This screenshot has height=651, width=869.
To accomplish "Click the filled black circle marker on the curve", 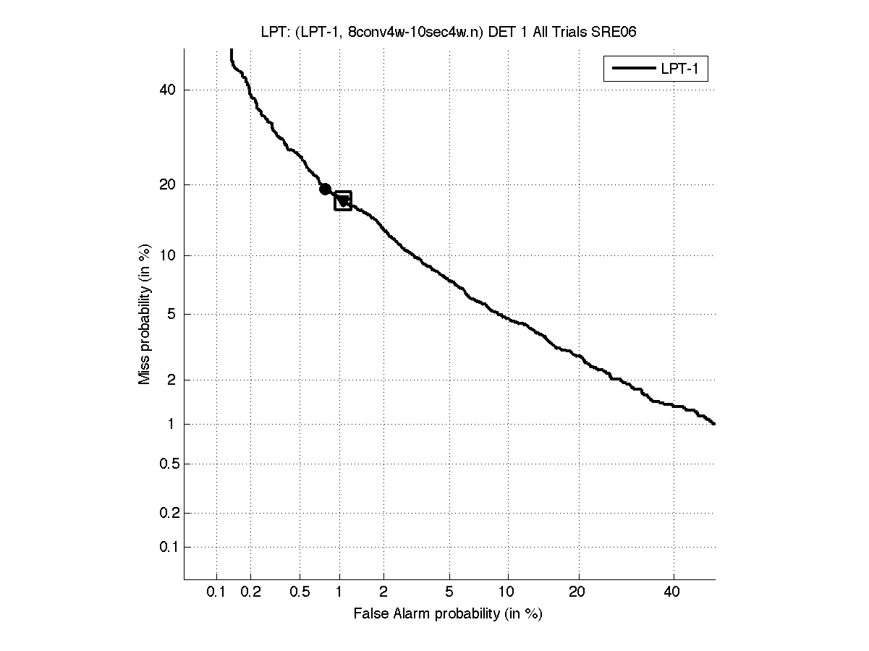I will [x=326, y=189].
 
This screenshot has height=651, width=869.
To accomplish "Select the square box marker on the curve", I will [x=343, y=200].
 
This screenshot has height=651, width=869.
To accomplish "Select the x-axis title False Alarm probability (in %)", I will [x=448, y=614].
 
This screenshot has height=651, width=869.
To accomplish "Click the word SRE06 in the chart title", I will [x=614, y=31].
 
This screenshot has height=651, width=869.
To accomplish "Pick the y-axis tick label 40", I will [x=169, y=90].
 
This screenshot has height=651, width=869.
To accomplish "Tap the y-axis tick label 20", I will [x=169, y=184].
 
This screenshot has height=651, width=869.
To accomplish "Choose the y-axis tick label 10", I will [x=169, y=255].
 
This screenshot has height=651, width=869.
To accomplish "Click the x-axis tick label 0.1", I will [x=216, y=592].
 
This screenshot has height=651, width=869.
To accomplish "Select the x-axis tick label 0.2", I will [x=250, y=592].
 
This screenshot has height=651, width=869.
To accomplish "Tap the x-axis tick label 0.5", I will [x=299, y=592].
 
